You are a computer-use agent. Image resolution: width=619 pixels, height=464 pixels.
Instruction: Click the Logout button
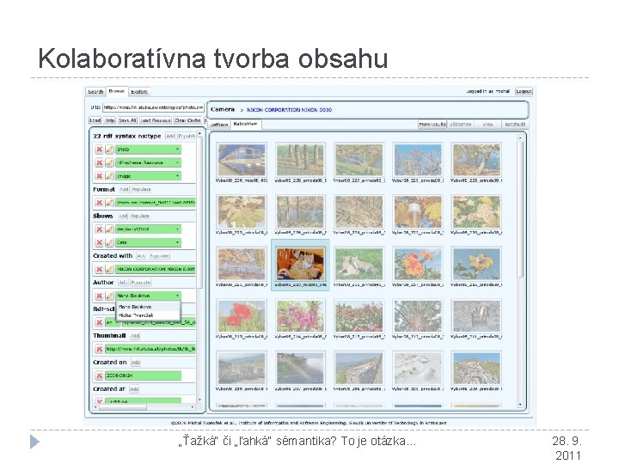[x=524, y=91]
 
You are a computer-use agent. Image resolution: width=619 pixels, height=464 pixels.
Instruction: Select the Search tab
[x=95, y=91]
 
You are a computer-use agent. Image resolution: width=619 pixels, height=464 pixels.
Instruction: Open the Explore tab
[x=139, y=91]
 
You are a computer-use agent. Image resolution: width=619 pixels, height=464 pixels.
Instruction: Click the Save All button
[x=128, y=120]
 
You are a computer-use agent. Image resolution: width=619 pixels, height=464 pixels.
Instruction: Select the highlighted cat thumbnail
[x=298, y=264]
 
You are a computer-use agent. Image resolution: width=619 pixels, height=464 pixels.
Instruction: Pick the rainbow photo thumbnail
[x=298, y=368]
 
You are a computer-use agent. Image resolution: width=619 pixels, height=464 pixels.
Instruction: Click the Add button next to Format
[x=124, y=189]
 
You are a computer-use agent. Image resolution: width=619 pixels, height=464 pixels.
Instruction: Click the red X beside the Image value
[x=98, y=175]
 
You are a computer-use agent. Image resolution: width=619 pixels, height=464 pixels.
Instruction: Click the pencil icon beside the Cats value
[x=109, y=242]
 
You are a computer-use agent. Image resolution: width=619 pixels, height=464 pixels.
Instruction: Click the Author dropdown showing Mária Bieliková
[x=149, y=295]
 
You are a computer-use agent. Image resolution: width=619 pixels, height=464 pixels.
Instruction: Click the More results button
[x=433, y=124]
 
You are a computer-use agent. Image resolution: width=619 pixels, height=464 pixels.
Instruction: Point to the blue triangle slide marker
[x=34, y=442]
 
